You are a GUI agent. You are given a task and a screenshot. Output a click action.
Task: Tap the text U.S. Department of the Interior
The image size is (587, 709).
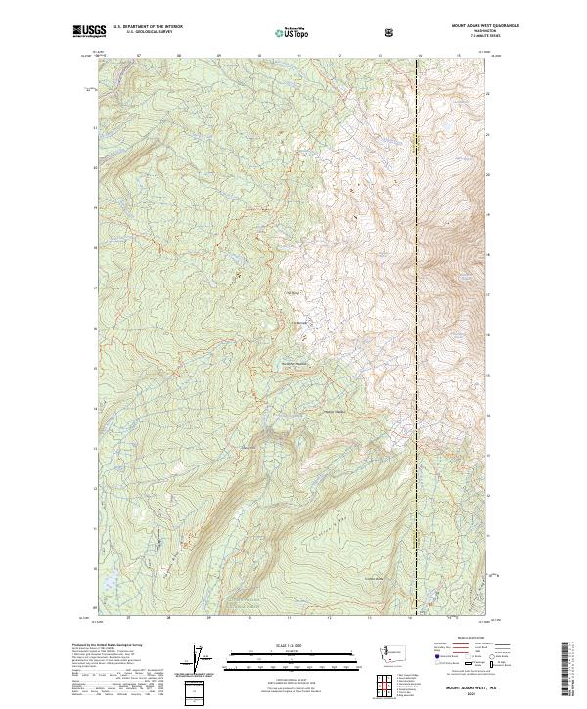pos(148,28)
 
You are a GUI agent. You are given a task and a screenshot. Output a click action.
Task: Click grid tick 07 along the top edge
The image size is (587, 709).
pos(139,55)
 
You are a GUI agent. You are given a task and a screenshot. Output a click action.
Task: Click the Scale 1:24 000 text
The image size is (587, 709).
pos(293,643)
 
